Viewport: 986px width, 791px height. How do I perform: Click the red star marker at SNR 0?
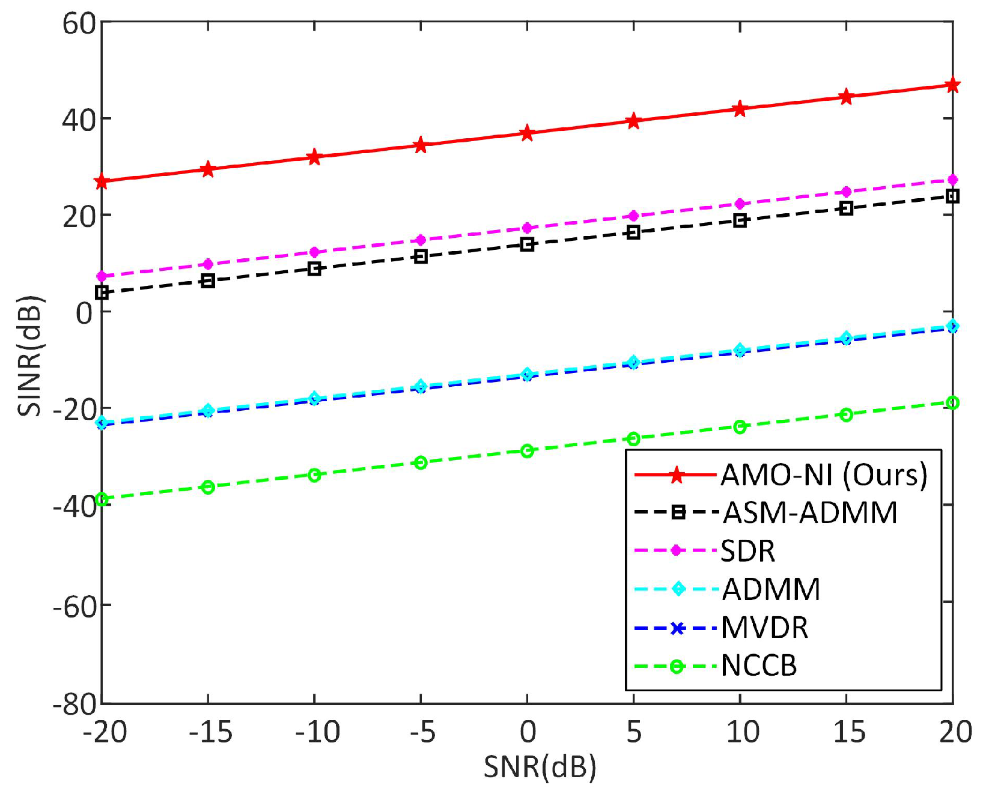pos(527,133)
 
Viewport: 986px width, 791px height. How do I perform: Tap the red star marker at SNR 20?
pos(952,85)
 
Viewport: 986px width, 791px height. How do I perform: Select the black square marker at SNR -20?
pos(102,292)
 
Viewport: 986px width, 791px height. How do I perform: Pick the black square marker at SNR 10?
pos(740,220)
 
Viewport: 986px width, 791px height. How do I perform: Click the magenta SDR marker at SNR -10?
pos(314,252)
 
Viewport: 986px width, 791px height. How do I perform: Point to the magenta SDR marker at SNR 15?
pos(846,192)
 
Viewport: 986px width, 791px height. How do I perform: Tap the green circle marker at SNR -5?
pos(421,462)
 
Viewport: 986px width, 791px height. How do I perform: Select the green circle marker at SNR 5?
pos(633,438)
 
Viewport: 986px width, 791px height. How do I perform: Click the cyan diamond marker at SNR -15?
pos(208,410)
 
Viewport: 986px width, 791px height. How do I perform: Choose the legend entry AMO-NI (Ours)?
pos(824,475)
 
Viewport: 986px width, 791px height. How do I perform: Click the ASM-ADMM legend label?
pos(809,513)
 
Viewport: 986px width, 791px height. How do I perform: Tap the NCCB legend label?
pos(759,665)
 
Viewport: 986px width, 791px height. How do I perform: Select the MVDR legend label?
pos(764,628)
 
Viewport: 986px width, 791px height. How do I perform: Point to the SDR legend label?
pos(747,551)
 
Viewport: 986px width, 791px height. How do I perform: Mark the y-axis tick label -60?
pos(75,605)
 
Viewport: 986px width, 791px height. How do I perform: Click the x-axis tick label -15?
pos(210,732)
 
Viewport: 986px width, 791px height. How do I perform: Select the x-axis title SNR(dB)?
pos(539,767)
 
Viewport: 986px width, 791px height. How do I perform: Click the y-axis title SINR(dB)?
pos(30,356)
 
